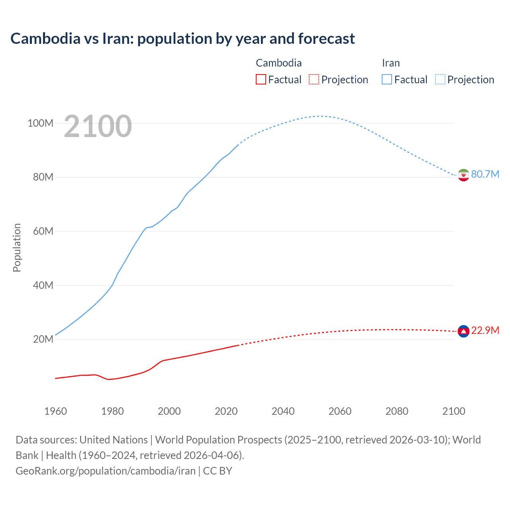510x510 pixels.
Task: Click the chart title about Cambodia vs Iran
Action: [x=182, y=39]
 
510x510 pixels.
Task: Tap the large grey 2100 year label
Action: [x=98, y=126]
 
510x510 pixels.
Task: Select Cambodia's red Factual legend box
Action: [x=261, y=79]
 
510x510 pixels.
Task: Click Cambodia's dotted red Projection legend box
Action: [x=314, y=79]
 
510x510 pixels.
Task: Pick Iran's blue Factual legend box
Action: [x=386, y=79]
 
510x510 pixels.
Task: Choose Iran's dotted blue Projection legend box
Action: [x=440, y=79]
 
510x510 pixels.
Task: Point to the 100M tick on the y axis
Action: [x=40, y=123]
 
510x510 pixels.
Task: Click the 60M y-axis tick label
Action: [x=43, y=231]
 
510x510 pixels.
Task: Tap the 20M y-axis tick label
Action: [x=43, y=339]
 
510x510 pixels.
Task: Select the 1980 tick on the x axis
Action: [x=112, y=411]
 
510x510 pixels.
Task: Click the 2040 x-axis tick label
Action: [x=283, y=411]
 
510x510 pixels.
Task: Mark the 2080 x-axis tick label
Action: [x=397, y=411]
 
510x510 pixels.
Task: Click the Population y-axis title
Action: [x=17, y=247]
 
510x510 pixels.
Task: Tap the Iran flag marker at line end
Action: [x=463, y=175]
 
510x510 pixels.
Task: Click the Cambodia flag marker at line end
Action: [x=463, y=331]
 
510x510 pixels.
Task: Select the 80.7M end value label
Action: [x=485, y=174]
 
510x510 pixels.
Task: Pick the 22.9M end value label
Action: [x=485, y=330]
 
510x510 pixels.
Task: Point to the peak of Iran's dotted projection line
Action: [x=320, y=116]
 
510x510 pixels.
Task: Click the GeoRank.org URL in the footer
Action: [x=106, y=471]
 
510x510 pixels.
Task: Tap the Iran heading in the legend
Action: [x=390, y=63]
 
